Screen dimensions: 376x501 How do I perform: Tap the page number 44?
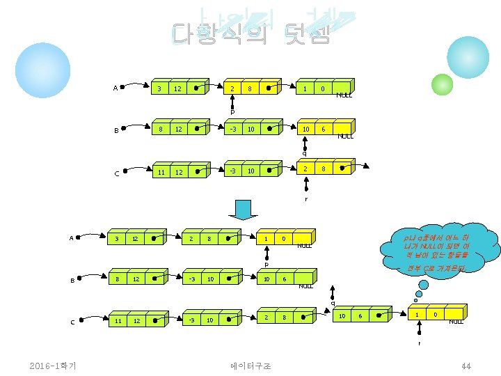click(x=466, y=366)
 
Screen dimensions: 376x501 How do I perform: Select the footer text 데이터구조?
click(x=250, y=366)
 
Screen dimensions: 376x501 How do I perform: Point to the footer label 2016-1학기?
click(x=53, y=366)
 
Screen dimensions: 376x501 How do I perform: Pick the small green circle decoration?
click(x=442, y=84)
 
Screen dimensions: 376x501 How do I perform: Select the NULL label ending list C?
click(x=456, y=321)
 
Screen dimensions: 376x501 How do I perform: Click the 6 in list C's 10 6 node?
click(x=359, y=316)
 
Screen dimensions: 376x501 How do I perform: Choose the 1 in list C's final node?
click(x=417, y=315)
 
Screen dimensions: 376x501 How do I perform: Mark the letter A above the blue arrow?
click(x=115, y=88)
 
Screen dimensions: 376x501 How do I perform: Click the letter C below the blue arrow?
click(x=73, y=321)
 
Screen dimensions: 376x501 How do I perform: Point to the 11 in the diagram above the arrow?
click(x=161, y=172)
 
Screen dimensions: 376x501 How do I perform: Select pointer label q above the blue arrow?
click(x=304, y=153)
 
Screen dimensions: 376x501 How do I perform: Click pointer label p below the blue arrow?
click(x=266, y=265)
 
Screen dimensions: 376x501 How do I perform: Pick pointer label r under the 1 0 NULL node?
click(x=419, y=343)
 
